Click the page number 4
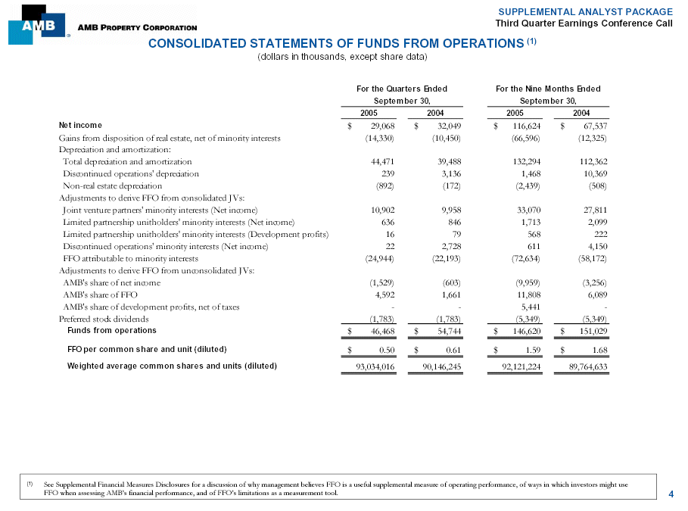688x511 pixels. pyautogui.click(x=671, y=494)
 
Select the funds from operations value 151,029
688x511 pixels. pyautogui.click(x=593, y=332)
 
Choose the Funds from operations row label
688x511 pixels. pyautogui.click(x=112, y=330)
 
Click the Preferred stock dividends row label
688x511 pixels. pyautogui.click(x=101, y=319)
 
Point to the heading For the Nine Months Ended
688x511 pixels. pyautogui.click(x=548, y=89)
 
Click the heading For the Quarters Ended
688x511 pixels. pyautogui.click(x=401, y=89)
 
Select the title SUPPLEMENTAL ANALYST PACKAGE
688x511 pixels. pyautogui.click(x=585, y=11)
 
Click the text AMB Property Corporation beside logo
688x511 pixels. pyautogui.click(x=126, y=28)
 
